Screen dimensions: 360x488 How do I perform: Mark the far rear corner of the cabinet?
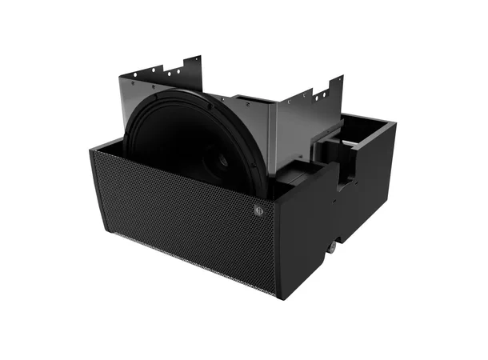pyautogui.click(x=394, y=123)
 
